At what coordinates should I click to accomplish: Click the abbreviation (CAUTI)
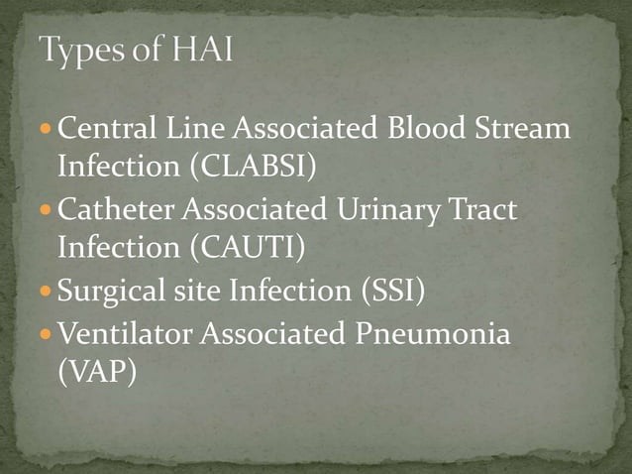(x=245, y=243)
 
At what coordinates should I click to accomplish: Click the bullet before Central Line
(x=49, y=130)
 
